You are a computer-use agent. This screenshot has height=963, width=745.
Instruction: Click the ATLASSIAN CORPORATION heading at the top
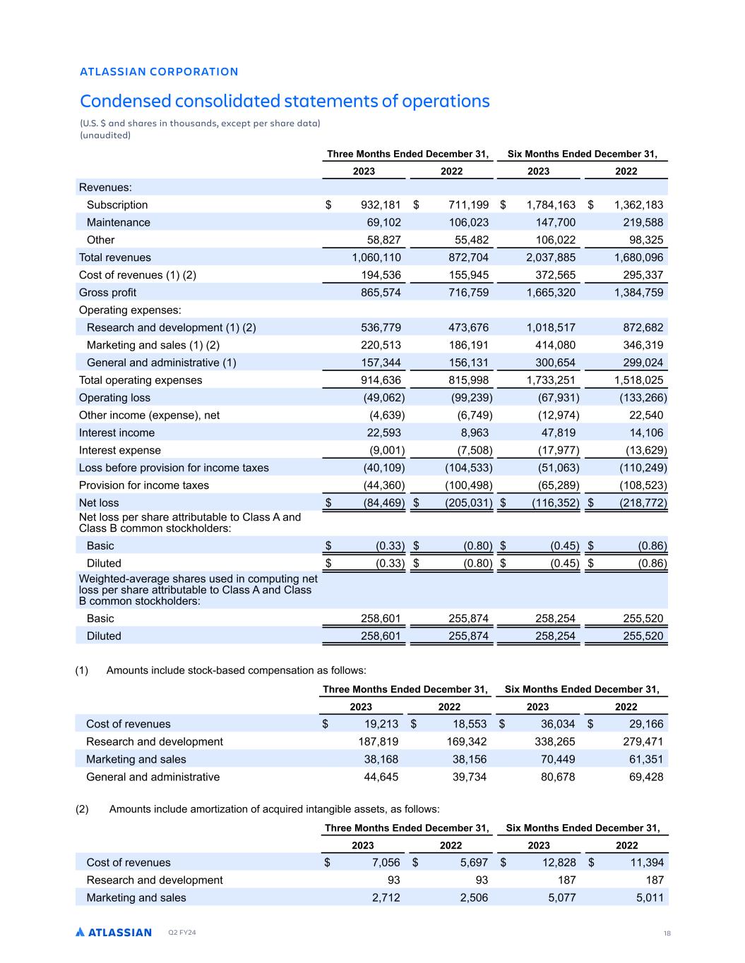pos(159,71)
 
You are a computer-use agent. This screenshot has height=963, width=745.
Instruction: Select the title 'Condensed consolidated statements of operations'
pos(285,101)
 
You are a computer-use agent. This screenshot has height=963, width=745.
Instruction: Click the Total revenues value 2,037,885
pos(551,258)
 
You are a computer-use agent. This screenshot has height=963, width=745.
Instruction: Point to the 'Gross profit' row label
pos(107,292)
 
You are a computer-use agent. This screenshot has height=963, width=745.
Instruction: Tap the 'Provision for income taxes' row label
pos(144,485)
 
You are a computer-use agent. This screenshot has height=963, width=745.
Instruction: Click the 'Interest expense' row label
pos(120,450)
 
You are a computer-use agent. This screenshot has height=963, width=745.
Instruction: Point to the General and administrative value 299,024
pos(640,363)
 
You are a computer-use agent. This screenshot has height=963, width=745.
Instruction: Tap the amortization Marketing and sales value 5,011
pos(645,897)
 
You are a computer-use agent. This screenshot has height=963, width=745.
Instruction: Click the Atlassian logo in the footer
pos(114,932)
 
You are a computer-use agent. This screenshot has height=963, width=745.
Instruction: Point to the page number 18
pos(667,933)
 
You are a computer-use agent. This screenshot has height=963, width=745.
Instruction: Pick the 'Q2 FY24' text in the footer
pos(181,933)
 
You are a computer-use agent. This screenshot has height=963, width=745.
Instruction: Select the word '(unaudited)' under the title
pos(105,135)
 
